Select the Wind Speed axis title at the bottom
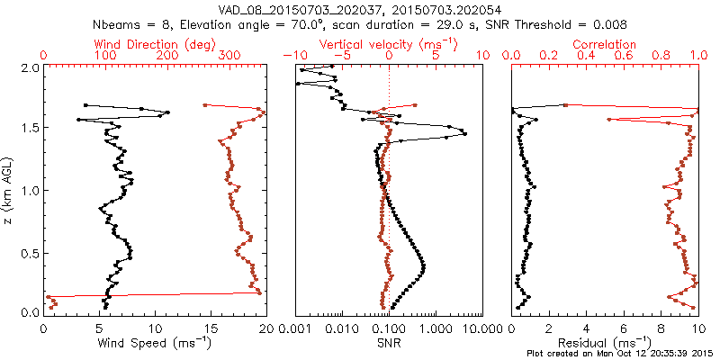(x=156, y=342)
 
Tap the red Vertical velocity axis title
(x=389, y=44)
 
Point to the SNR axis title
(x=389, y=342)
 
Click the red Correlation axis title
(x=605, y=44)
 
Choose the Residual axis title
(x=605, y=342)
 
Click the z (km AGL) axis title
(x=8, y=190)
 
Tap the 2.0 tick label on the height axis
(x=30, y=67)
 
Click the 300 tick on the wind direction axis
(x=229, y=56)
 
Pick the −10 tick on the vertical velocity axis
(x=292, y=56)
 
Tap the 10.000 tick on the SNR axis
(x=477, y=329)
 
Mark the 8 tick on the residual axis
(x=661, y=329)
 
